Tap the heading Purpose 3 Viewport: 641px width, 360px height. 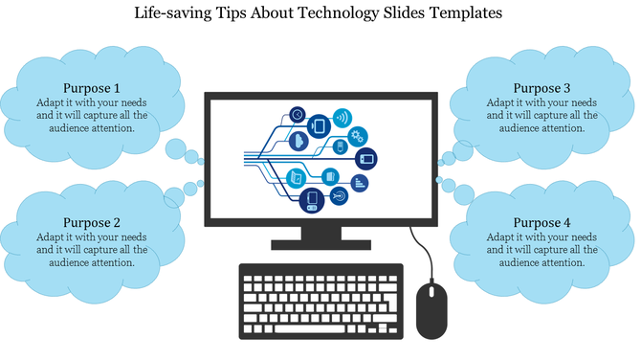coord(542,87)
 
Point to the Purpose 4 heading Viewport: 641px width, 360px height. coord(542,221)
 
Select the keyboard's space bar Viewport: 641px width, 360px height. coord(312,328)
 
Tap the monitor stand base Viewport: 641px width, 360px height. coord(320,243)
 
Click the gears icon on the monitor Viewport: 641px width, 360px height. coord(358,135)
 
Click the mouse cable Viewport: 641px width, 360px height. coord(418,252)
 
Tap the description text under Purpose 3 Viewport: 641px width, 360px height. coord(542,115)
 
